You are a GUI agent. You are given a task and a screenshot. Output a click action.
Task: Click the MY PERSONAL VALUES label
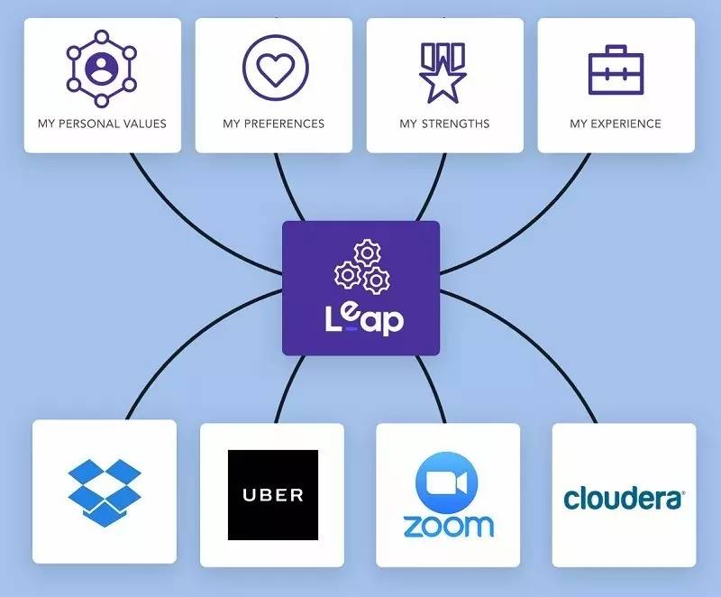click(102, 124)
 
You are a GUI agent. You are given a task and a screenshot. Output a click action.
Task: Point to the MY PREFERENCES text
click(274, 124)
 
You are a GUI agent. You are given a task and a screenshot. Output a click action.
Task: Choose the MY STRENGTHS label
click(445, 124)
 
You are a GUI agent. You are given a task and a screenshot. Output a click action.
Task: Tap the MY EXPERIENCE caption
click(616, 124)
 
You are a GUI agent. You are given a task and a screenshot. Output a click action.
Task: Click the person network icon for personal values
click(102, 65)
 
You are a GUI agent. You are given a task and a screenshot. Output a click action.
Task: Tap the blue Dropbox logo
click(105, 491)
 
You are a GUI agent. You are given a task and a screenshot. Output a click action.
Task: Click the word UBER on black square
click(272, 495)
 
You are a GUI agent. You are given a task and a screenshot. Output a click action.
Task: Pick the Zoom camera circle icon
click(447, 482)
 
